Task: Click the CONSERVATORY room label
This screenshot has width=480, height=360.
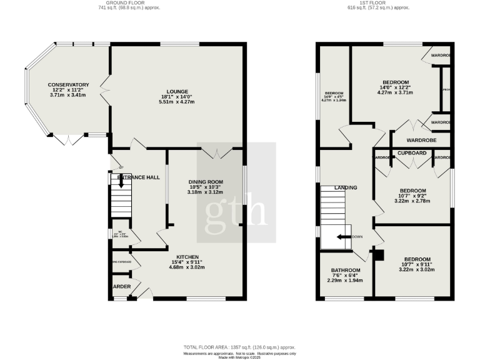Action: [x=68, y=85]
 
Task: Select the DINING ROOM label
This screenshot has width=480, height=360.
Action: [x=206, y=182]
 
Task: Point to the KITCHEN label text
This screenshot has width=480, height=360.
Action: [x=187, y=257]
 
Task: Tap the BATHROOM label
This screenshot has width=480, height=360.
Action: [x=346, y=271]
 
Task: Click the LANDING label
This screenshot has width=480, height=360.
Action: [x=346, y=187]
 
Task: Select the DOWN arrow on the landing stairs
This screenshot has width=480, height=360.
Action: [x=341, y=237]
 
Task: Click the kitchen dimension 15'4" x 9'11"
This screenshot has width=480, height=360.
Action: [x=187, y=262]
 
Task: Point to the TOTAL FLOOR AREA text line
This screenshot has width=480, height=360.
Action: [x=239, y=347]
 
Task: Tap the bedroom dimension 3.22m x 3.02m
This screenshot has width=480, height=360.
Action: [x=416, y=269]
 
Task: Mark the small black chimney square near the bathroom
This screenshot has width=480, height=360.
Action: [x=377, y=253]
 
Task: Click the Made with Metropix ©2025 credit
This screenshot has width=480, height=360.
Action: [x=239, y=357]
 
